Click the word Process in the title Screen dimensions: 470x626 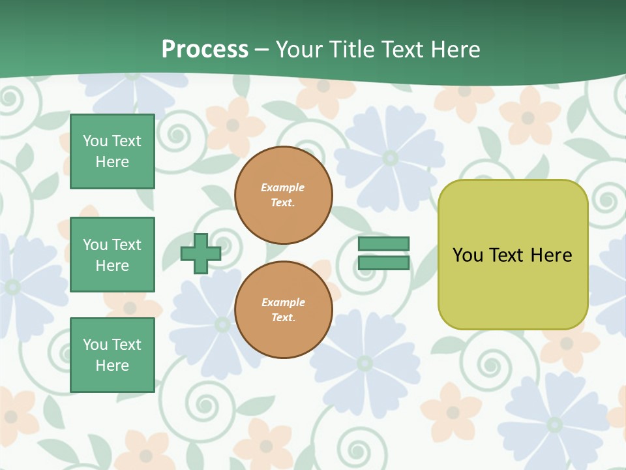(205, 50)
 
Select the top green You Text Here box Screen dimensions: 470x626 (112, 151)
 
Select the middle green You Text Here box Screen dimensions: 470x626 (112, 255)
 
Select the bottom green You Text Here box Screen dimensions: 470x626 (112, 355)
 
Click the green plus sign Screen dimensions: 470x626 (201, 253)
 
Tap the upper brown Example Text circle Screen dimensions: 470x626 (284, 195)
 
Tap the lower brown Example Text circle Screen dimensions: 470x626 (284, 310)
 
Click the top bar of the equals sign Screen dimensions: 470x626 (384, 243)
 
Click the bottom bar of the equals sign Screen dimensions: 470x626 (384, 263)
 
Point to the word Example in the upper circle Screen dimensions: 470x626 (283, 187)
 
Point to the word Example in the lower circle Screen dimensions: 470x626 (283, 302)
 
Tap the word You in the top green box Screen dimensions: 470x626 (95, 141)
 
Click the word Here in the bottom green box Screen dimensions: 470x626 (112, 366)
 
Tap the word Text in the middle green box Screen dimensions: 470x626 (126, 245)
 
